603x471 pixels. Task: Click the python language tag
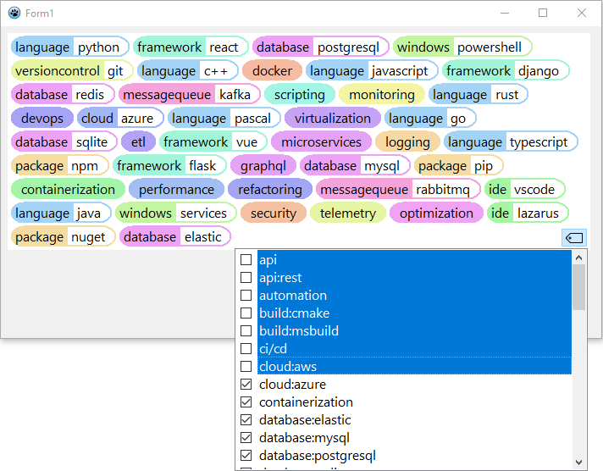[x=70, y=47]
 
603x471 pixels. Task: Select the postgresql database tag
[x=320, y=47]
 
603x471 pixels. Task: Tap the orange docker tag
[x=272, y=71]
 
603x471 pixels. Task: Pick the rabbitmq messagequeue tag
[x=398, y=190]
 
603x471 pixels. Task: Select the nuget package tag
[x=64, y=237]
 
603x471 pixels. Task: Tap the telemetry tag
[x=347, y=213]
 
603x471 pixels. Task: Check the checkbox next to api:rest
[x=246, y=278]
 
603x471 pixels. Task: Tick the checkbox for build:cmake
[x=246, y=313]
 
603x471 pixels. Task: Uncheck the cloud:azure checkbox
[x=246, y=385]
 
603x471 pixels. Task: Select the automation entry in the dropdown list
[x=293, y=296]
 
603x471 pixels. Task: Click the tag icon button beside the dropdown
[x=573, y=238]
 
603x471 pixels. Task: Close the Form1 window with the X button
[x=581, y=13]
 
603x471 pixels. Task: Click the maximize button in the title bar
[x=543, y=13]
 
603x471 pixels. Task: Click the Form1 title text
[x=39, y=14]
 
